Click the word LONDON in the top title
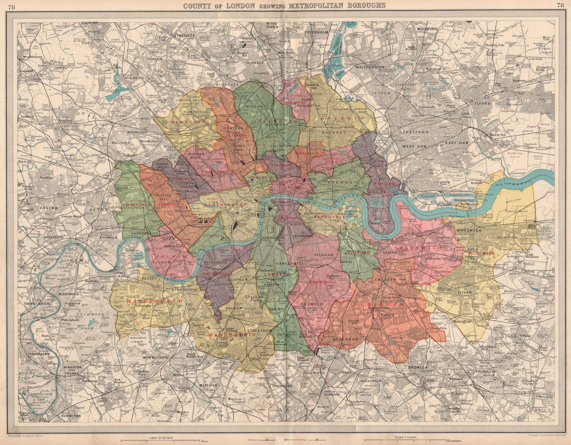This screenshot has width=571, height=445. point(242,5)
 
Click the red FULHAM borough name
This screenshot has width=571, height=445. point(170,257)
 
